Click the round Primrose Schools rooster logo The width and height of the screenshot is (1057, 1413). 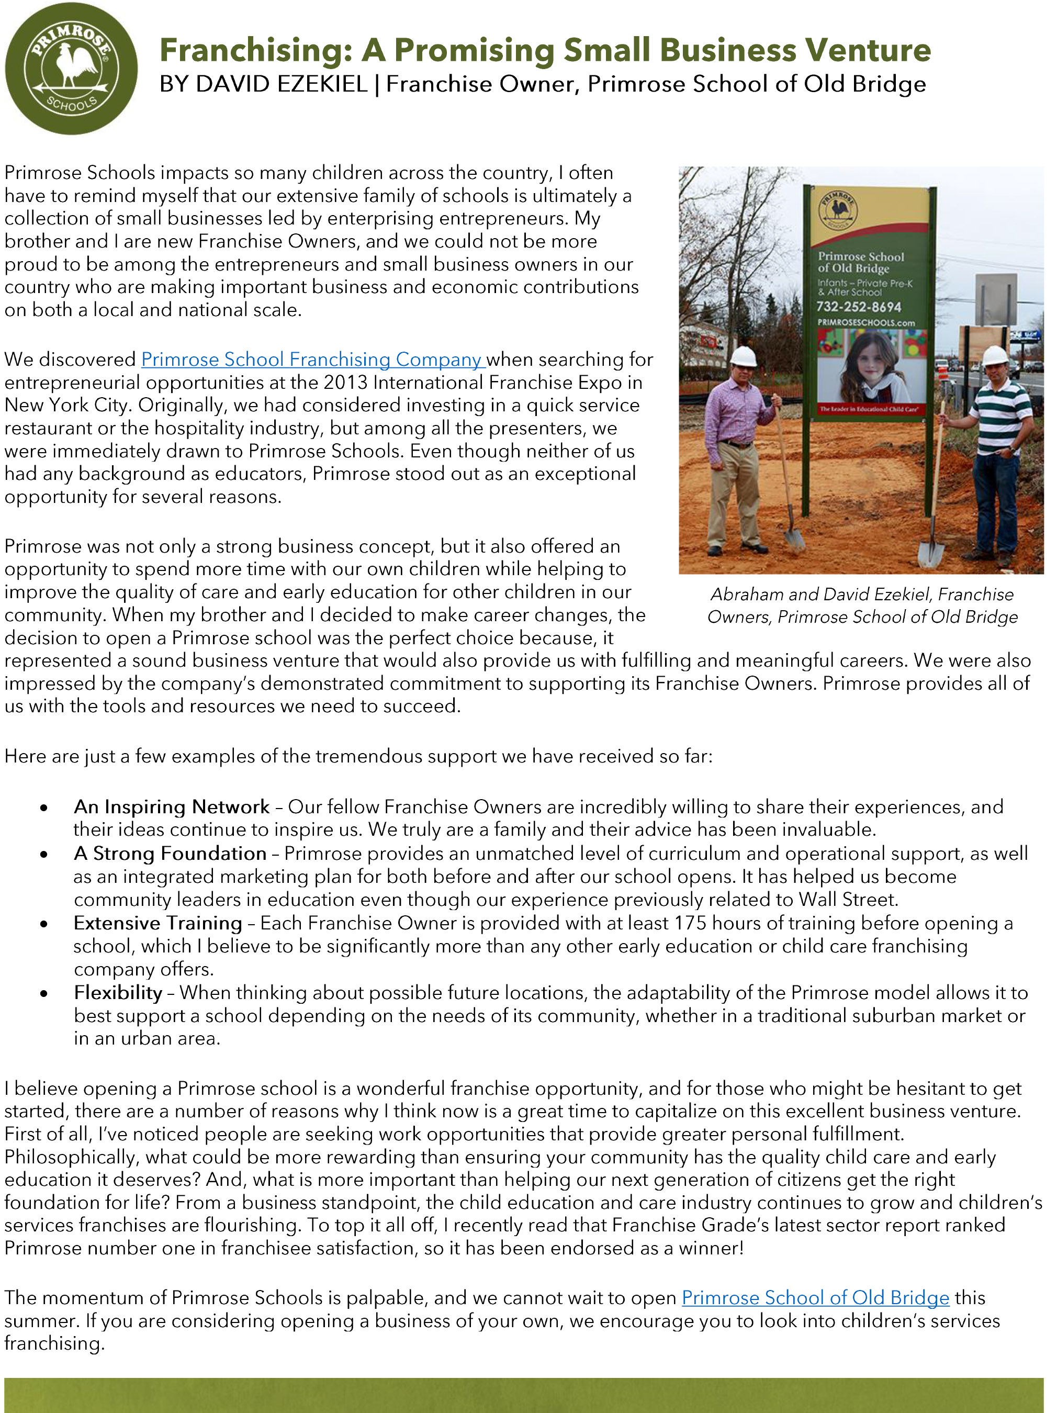point(71,69)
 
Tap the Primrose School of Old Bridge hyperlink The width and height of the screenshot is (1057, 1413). point(815,1297)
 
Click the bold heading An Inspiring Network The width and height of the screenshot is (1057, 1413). point(172,807)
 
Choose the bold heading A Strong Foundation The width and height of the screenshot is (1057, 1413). point(170,854)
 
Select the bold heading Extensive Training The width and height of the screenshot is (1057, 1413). point(158,923)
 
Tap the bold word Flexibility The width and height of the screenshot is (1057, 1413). point(118,993)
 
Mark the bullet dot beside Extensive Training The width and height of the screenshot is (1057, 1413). point(43,924)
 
